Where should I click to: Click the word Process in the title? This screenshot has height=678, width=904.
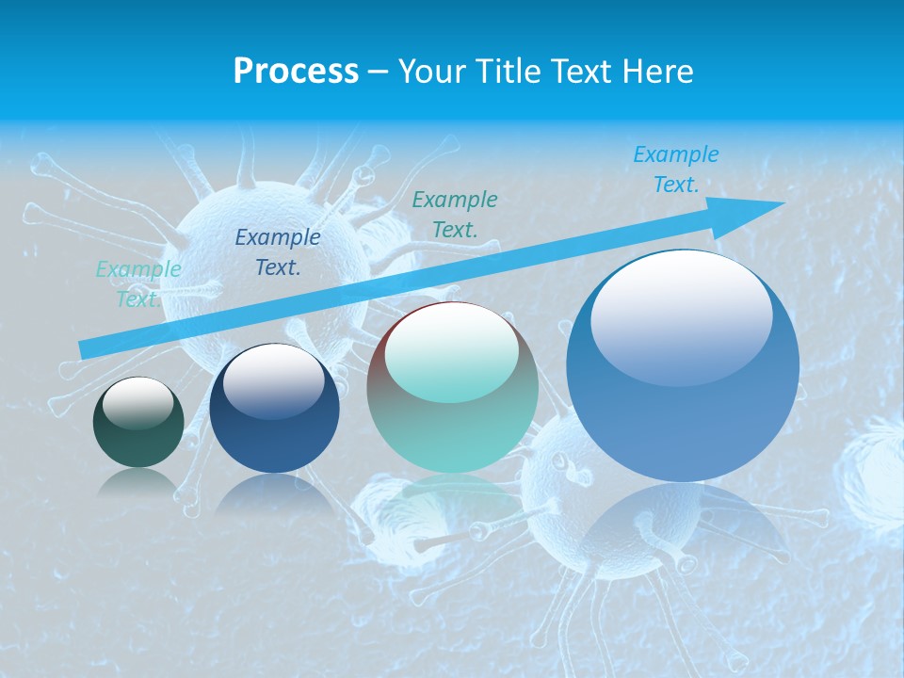click(296, 72)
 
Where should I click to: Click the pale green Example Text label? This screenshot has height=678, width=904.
click(138, 283)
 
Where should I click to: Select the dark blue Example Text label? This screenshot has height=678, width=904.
click(278, 252)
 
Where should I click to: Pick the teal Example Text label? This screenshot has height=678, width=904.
click(455, 214)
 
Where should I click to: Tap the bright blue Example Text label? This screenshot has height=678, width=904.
click(676, 169)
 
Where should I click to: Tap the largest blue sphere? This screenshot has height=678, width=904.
click(683, 414)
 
